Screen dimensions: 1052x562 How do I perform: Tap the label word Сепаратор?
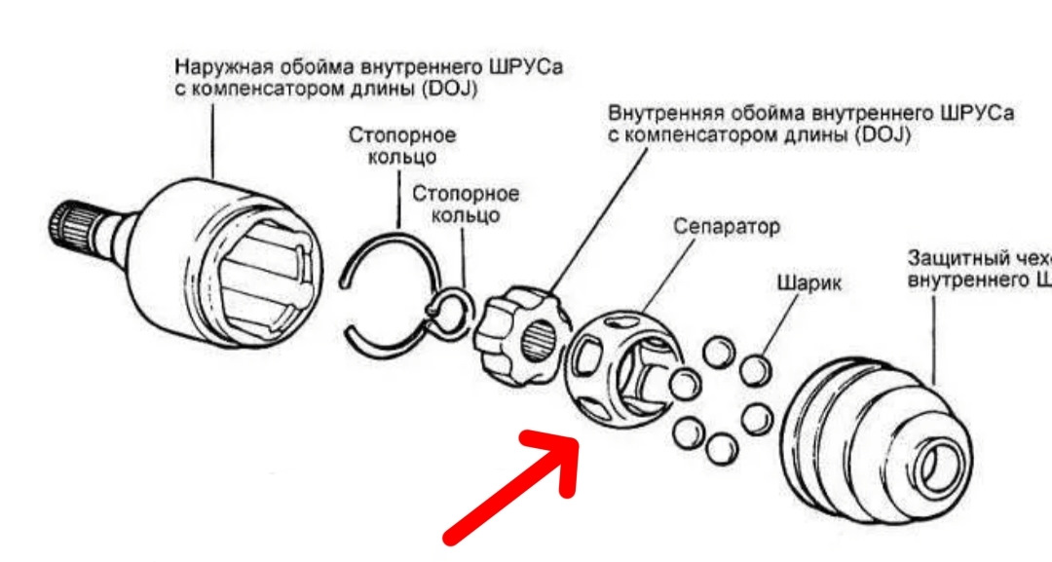coord(727,227)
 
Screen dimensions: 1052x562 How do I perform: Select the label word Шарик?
coord(808,283)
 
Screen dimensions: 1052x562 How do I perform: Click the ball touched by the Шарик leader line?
coord(756,371)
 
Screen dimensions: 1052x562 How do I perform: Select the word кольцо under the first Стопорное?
coord(402,157)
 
